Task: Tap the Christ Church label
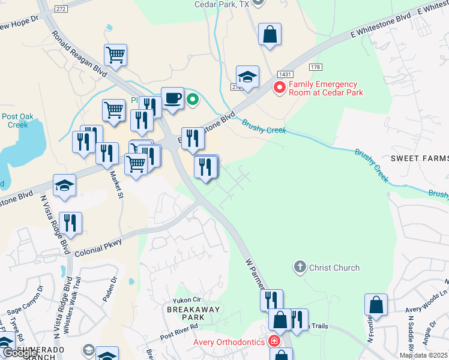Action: tap(334, 268)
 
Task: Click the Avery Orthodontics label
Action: tap(229, 342)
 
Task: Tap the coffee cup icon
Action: tap(173, 98)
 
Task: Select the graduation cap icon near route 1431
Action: tap(247, 77)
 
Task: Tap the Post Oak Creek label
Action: tap(14, 121)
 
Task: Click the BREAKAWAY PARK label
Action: tap(193, 313)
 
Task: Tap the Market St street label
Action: tap(116, 185)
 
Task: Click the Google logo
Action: tap(20, 353)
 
